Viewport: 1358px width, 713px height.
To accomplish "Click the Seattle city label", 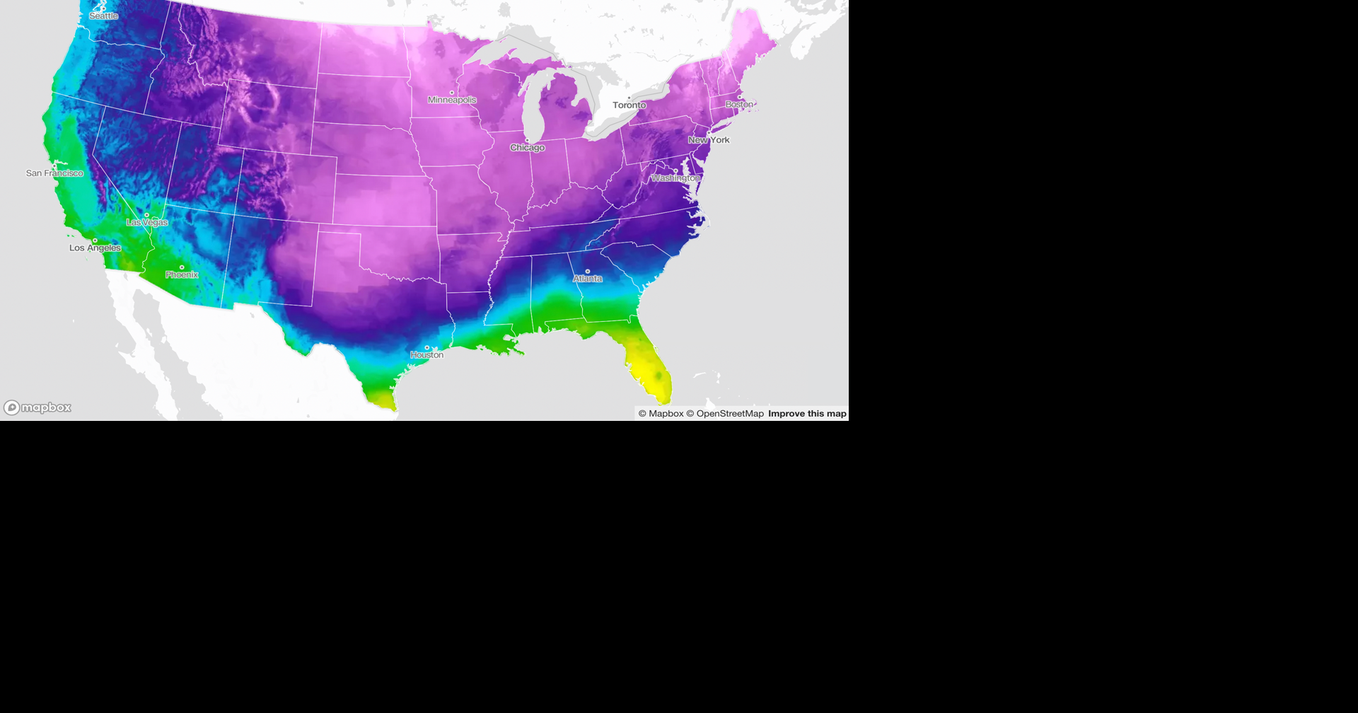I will [x=103, y=16].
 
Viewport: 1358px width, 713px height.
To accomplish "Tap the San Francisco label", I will [x=54, y=173].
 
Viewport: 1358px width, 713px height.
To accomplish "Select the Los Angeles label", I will [x=95, y=248].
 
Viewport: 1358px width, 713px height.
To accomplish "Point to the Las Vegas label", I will [x=147, y=222].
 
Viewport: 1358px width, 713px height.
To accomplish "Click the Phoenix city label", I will [x=182, y=274].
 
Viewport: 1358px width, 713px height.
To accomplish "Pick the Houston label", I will [x=427, y=355].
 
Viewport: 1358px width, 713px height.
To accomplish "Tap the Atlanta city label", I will [x=587, y=279].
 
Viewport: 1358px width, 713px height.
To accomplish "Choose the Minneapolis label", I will [x=452, y=100].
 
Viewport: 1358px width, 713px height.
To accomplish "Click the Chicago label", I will [x=527, y=148].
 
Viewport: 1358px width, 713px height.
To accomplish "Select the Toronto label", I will [x=629, y=105].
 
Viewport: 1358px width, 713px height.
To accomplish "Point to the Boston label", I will [x=739, y=105].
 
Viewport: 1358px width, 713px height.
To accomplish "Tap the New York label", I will [x=709, y=140].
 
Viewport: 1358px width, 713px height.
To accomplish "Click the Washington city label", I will [x=675, y=178].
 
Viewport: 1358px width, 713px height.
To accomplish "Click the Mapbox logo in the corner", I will [x=38, y=407].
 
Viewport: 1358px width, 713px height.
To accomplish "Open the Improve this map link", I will [x=807, y=414].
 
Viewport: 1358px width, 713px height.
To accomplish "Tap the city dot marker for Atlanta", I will [x=587, y=271].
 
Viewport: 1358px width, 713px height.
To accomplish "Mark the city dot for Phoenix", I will [x=182, y=267].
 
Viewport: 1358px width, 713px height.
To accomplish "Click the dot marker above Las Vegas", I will [x=147, y=215].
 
